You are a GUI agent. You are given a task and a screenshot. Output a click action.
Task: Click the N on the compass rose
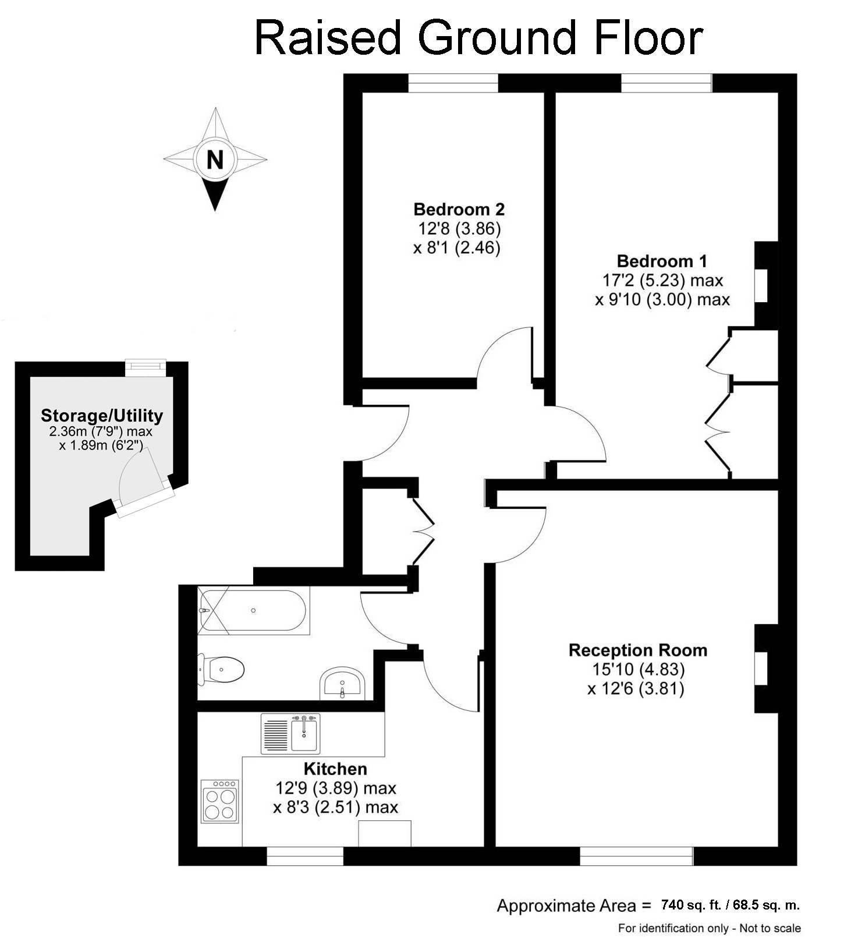pyautogui.click(x=215, y=159)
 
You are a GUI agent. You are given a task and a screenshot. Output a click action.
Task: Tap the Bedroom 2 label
pyautogui.click(x=459, y=209)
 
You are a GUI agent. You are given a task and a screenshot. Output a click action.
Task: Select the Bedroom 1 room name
pyautogui.click(x=662, y=261)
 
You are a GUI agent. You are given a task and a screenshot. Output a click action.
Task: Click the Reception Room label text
pyautogui.click(x=637, y=650)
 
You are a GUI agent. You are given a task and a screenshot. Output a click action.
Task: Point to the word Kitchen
pyautogui.click(x=335, y=769)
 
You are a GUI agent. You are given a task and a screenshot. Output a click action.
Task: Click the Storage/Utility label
pyautogui.click(x=102, y=416)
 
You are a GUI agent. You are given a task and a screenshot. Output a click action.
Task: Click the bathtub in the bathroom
pyautogui.click(x=253, y=610)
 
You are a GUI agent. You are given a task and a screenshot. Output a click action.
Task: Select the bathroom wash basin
pyautogui.click(x=342, y=684)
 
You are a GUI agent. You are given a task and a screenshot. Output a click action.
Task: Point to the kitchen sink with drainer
pyautogui.click(x=290, y=733)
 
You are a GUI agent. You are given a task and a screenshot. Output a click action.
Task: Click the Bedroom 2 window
pyautogui.click(x=453, y=83)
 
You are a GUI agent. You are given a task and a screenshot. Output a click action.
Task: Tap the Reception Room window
pyautogui.click(x=636, y=855)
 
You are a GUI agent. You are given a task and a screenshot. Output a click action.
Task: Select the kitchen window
pyautogui.click(x=305, y=855)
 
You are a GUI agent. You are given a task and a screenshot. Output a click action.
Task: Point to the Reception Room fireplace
pyautogui.click(x=765, y=668)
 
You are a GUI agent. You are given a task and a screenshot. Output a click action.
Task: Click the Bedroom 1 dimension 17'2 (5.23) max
pyautogui.click(x=662, y=281)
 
